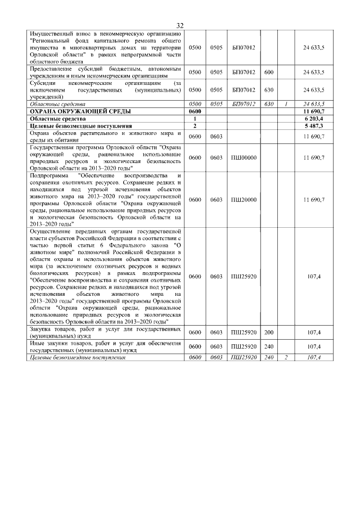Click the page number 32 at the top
(x=180, y=26)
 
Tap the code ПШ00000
(x=244, y=157)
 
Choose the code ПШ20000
(x=244, y=200)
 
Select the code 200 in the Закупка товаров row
(x=268, y=333)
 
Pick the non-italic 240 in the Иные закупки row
(x=268, y=346)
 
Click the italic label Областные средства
(x=57, y=105)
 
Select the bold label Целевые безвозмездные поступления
(x=80, y=127)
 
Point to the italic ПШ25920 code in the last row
(x=244, y=357)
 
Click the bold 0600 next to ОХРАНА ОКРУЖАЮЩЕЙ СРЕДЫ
(x=195, y=112)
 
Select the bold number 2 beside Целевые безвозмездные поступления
(x=195, y=127)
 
